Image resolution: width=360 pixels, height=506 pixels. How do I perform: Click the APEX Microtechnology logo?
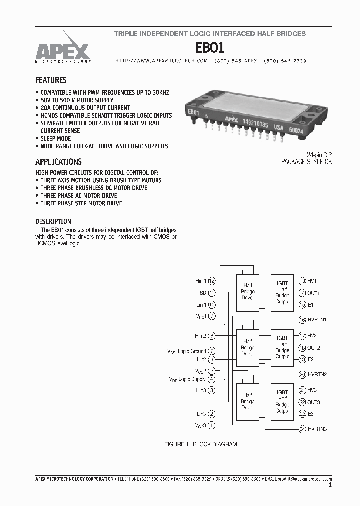pos(62,50)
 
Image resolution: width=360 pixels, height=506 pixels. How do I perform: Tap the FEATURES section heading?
pos(51,80)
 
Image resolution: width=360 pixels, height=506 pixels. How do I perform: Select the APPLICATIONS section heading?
pos(58,162)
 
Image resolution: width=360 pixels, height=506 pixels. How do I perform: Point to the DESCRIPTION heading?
pos(53,221)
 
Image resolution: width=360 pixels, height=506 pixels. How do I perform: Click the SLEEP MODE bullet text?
pos(56,138)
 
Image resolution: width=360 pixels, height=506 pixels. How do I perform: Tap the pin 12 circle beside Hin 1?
pos(212,281)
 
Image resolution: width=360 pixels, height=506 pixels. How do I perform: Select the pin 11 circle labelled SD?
pos(212,293)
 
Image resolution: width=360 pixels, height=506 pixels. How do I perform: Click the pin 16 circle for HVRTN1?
pos(302,320)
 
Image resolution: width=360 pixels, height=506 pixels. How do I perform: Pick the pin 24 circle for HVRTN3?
pos(302,429)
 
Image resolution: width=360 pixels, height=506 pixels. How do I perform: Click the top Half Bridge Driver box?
pos(248,291)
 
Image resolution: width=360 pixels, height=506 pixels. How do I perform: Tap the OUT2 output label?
pos(314,348)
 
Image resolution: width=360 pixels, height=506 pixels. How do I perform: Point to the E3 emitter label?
pos(311,414)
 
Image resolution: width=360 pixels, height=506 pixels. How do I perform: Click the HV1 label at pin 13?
pos(312,281)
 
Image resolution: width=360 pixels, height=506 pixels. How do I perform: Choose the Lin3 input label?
pos(201,414)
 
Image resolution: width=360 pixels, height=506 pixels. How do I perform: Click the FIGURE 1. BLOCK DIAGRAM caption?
pos(201,444)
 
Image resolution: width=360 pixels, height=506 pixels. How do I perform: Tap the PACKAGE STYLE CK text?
pos(306,162)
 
